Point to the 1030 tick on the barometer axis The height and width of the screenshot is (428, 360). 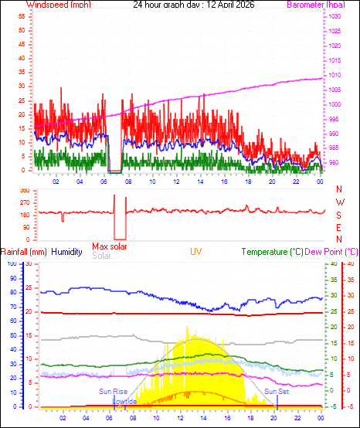(x=334, y=17)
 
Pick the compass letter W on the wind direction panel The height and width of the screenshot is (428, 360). (x=339, y=202)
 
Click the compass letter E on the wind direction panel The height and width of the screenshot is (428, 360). (x=339, y=228)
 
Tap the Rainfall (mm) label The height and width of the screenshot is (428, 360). (x=25, y=252)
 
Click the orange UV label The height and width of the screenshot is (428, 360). (x=197, y=252)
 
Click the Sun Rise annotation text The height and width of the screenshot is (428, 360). (x=113, y=392)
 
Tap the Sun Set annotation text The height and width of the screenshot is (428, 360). (x=276, y=392)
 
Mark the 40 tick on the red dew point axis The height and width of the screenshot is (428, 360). (x=349, y=264)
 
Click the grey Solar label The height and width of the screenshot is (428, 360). (x=101, y=256)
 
